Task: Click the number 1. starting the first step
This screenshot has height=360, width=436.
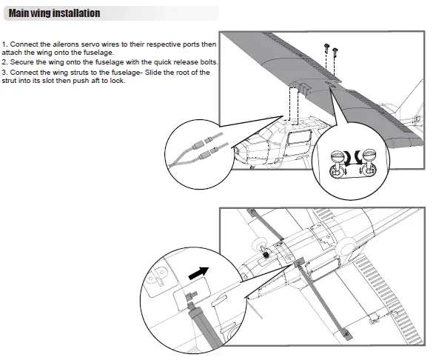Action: click(5, 45)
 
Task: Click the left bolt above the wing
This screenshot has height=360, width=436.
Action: click(326, 49)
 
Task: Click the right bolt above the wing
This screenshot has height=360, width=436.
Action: click(335, 52)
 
